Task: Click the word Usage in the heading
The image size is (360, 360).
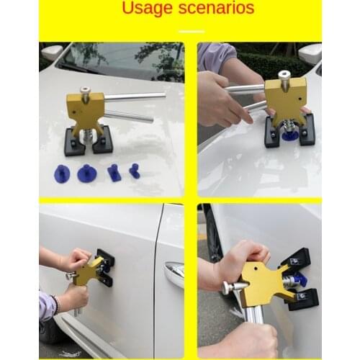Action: (x=147, y=9)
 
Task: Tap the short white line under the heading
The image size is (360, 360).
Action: (x=191, y=31)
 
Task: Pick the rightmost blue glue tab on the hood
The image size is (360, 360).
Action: (x=134, y=171)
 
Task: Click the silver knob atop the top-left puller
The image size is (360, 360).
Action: (x=85, y=92)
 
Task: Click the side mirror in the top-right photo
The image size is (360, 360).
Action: (x=310, y=53)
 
